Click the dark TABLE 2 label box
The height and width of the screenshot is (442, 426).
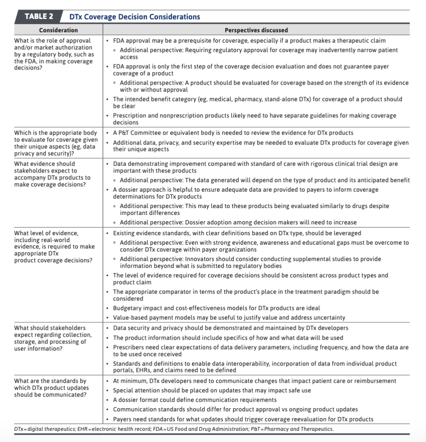(38, 17)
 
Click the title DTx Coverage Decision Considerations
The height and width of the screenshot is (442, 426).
(134, 17)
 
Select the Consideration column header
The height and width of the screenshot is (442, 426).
(58, 30)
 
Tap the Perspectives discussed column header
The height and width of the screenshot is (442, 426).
(256, 30)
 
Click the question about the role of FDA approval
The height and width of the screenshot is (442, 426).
(54, 54)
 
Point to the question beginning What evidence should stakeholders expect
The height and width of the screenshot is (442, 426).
(52, 174)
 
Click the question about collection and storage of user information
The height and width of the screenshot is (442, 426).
(53, 338)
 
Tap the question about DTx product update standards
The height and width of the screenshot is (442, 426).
(51, 388)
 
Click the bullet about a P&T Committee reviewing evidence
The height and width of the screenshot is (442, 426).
(232, 133)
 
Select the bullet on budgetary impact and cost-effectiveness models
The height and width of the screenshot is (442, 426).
(216, 308)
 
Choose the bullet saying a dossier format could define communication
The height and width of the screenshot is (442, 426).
(194, 400)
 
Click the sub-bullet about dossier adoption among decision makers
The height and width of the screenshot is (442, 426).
(238, 222)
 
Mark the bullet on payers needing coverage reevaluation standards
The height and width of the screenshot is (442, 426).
(243, 419)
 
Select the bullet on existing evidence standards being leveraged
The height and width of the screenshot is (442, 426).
(237, 233)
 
